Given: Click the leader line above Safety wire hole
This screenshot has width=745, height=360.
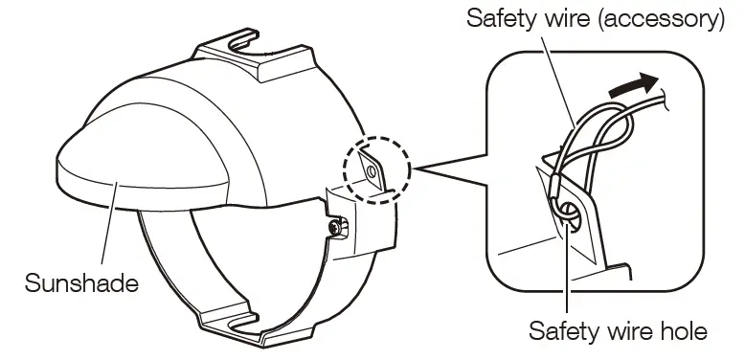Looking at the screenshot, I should [x=568, y=278].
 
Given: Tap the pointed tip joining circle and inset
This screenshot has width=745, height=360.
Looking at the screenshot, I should [x=413, y=173].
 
